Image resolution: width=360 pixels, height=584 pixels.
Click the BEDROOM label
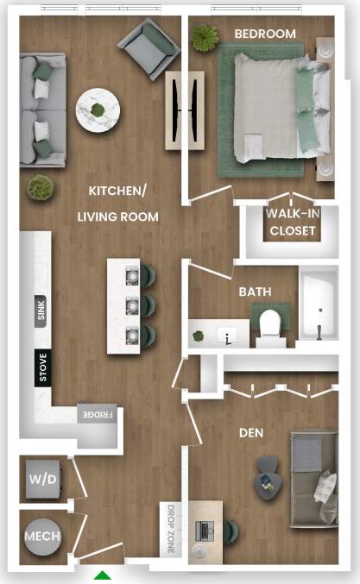(x=265, y=34)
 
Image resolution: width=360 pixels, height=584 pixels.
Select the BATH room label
(x=256, y=292)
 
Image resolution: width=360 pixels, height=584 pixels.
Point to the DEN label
(x=251, y=432)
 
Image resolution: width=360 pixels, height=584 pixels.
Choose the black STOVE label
(x=41, y=367)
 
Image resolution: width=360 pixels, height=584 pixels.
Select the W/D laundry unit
(x=41, y=479)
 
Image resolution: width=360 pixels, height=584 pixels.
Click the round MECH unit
(x=41, y=536)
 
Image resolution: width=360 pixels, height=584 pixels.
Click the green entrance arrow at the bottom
(x=104, y=575)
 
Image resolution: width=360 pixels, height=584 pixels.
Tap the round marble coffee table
(x=98, y=110)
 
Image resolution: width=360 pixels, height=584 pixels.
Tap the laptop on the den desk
(x=205, y=530)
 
